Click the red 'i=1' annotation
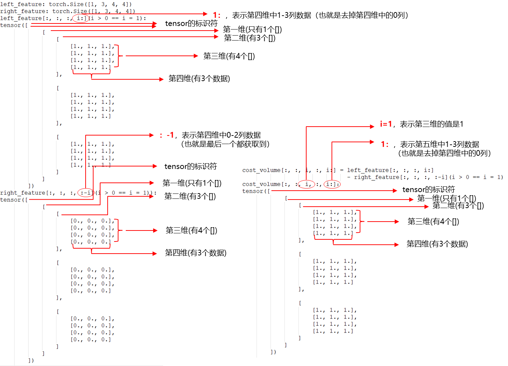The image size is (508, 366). click(x=386, y=124)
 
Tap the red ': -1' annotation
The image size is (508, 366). click(x=167, y=135)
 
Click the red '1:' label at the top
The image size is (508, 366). click(x=216, y=15)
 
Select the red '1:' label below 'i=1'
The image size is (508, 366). click(x=385, y=144)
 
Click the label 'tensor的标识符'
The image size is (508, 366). click(x=428, y=190)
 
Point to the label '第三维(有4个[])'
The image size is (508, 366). click(x=433, y=222)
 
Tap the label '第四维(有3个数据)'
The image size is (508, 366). click(x=437, y=244)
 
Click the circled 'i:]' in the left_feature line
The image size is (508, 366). click(x=81, y=18)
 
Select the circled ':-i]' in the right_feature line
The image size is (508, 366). click(x=86, y=193)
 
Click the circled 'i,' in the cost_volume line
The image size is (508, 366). click(x=307, y=184)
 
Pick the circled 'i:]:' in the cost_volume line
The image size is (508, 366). click(x=332, y=184)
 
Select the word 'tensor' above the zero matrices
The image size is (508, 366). click(x=10, y=200)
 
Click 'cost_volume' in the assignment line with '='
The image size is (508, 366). click(x=261, y=170)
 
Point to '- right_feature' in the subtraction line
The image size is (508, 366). click(x=373, y=177)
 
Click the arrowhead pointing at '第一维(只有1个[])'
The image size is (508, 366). click(x=411, y=200)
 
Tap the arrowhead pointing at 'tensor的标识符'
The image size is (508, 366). click(x=395, y=191)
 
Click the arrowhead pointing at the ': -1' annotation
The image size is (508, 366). click(x=152, y=135)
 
